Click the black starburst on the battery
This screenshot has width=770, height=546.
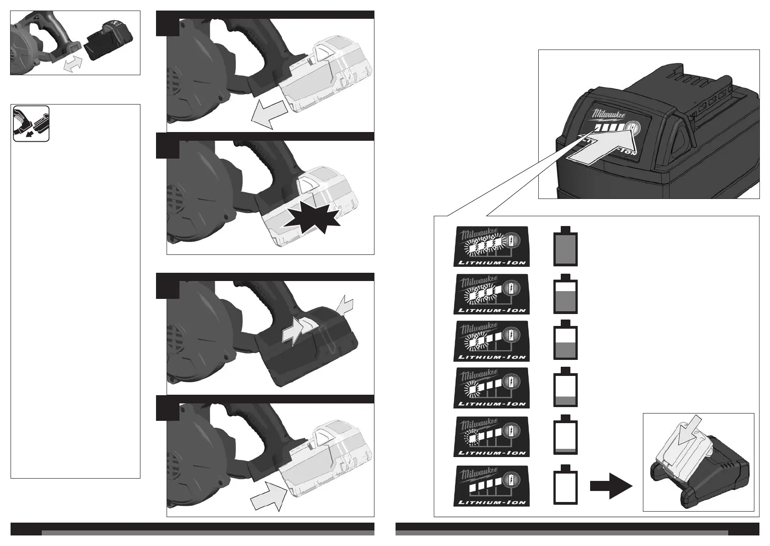(312, 220)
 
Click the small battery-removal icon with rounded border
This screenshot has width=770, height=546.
(31, 123)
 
